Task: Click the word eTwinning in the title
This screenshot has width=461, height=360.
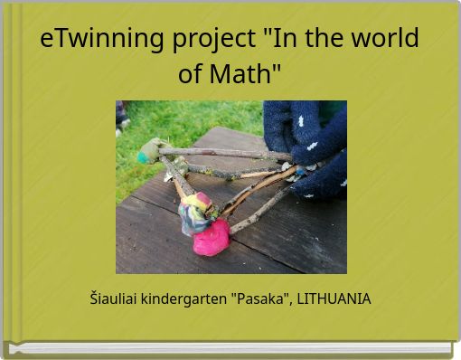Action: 100,39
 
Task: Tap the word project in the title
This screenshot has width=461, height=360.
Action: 212,39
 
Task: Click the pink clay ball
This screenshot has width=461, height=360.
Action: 211,238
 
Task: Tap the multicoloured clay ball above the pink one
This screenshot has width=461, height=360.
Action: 194,213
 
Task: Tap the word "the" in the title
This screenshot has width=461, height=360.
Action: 317,39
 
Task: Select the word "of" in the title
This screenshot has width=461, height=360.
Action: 190,73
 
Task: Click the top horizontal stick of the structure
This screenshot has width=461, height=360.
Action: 226,153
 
